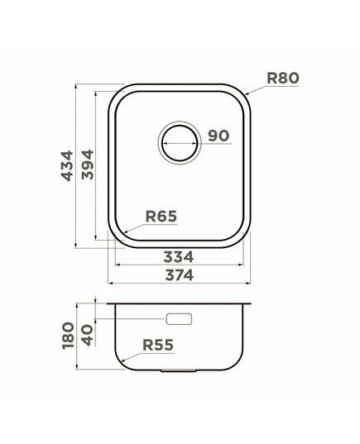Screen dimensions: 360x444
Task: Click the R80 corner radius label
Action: tap(283, 79)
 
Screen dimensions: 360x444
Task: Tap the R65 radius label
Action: tap(161, 217)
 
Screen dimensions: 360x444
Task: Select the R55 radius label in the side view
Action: tap(158, 345)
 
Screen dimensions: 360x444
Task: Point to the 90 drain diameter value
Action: tap(218, 136)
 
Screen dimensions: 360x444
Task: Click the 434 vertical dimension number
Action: tap(67, 166)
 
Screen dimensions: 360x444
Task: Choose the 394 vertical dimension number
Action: tap(87, 165)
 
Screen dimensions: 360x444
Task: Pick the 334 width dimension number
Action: tap(179, 257)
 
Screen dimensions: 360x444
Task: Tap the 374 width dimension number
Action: tap(180, 275)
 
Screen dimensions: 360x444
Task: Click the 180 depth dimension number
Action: tap(68, 336)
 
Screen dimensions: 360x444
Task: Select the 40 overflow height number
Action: tap(87, 335)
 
